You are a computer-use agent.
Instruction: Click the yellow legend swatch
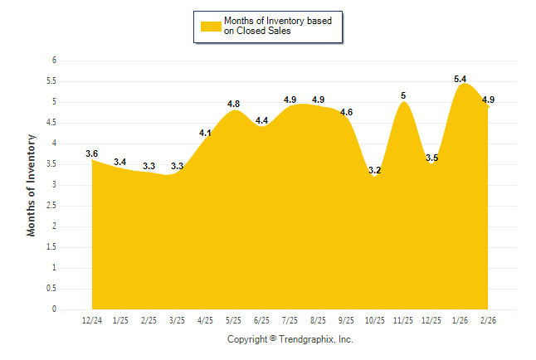(x=211, y=26)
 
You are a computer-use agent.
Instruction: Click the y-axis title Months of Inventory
(x=32, y=185)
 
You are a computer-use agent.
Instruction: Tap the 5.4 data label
(x=460, y=79)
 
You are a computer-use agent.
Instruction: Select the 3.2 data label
(x=375, y=171)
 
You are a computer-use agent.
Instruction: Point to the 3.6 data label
(x=92, y=153)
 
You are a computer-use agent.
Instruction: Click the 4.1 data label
(x=206, y=133)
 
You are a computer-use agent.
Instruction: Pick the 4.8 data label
(x=234, y=104)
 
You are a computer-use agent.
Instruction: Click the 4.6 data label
(x=347, y=112)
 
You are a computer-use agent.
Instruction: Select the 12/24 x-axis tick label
(x=92, y=320)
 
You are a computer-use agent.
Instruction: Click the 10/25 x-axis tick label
(x=376, y=320)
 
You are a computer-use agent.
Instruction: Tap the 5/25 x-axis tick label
(x=234, y=320)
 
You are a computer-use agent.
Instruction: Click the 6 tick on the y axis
(x=54, y=61)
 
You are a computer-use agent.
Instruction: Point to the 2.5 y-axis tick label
(x=51, y=206)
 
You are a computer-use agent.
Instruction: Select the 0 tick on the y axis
(x=54, y=309)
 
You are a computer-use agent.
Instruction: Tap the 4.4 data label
(x=262, y=120)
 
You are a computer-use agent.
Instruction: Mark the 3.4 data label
(x=120, y=162)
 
